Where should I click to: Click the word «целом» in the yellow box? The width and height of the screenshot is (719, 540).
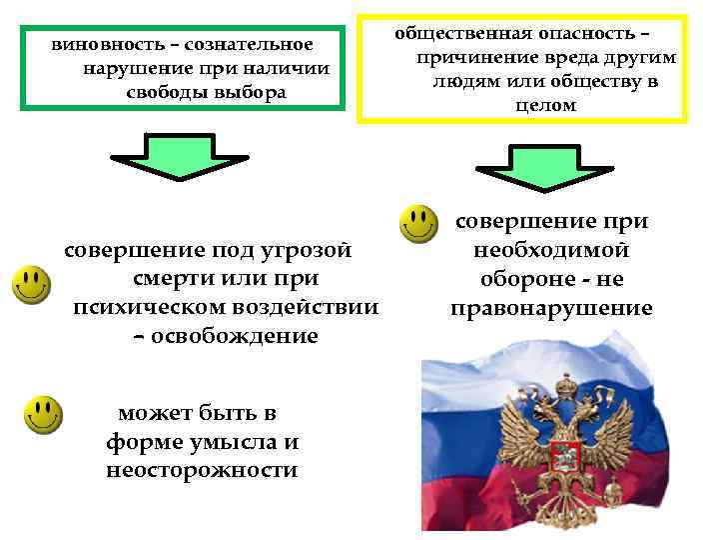click(544, 104)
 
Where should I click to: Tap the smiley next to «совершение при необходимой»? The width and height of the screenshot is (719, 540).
click(417, 225)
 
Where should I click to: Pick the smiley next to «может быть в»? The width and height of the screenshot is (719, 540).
click(43, 415)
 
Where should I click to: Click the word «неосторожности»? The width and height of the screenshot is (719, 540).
click(202, 470)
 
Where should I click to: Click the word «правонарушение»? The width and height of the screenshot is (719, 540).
click(551, 308)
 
